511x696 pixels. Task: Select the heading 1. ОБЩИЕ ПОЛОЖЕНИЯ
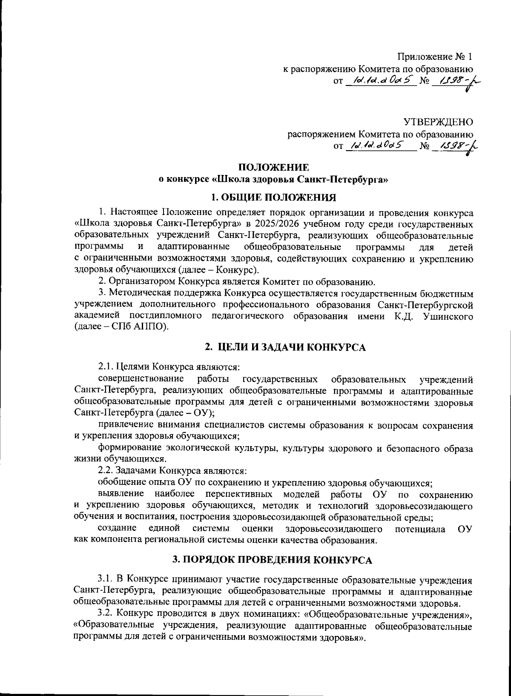pos(274,197)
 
